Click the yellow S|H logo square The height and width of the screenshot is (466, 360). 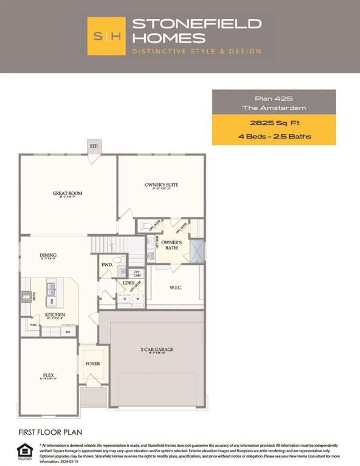coord(106,36)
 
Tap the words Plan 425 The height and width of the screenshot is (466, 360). coord(274,99)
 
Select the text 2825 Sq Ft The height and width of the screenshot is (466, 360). coord(275,123)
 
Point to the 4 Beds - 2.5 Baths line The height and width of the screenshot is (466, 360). coord(275,136)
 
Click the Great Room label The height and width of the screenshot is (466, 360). coord(67,193)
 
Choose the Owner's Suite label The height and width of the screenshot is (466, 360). coord(161,185)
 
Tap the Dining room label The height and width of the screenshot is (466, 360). coord(48,255)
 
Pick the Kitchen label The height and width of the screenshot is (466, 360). coord(55,315)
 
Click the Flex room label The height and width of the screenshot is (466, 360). coord(48,376)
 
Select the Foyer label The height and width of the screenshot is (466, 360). coord(93,364)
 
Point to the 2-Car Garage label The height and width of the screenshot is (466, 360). coord(157,350)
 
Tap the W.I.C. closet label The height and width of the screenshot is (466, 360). coord(176,288)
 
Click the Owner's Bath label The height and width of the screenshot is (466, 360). coord(172,245)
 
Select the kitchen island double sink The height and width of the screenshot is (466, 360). coord(51,289)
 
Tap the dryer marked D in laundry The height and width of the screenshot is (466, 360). coord(124,299)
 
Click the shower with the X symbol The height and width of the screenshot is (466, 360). coord(197,251)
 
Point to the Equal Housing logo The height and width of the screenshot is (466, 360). coord(25,451)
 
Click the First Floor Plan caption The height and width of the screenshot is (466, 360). coord(50,432)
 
